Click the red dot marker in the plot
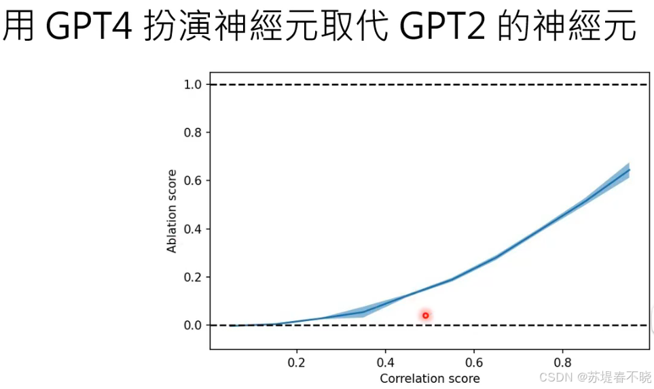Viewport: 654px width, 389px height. [426, 315]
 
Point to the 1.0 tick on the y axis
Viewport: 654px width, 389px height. [194, 84]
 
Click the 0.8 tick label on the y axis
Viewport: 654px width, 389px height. [194, 133]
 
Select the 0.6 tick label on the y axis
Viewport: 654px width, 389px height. [194, 181]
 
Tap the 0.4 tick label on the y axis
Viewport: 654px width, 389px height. [194, 229]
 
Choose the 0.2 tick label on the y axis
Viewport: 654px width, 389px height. [194, 277]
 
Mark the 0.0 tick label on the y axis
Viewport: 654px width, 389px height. [194, 325]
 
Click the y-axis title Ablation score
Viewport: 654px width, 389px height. [172, 211]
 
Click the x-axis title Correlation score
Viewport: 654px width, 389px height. [429, 378]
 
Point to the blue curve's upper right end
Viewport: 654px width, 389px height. [629, 170]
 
